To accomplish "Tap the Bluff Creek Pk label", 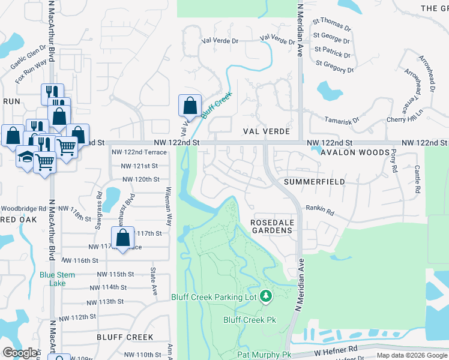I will tap(249, 319).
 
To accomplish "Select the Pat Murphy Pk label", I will tap(264, 355).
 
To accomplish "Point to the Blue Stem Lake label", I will tap(57, 279).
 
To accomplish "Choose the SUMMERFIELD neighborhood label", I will tap(315, 181).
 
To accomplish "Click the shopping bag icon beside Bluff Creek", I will tap(190, 106).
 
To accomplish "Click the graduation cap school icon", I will tap(25, 157).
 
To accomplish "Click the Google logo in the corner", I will tap(20, 353).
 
